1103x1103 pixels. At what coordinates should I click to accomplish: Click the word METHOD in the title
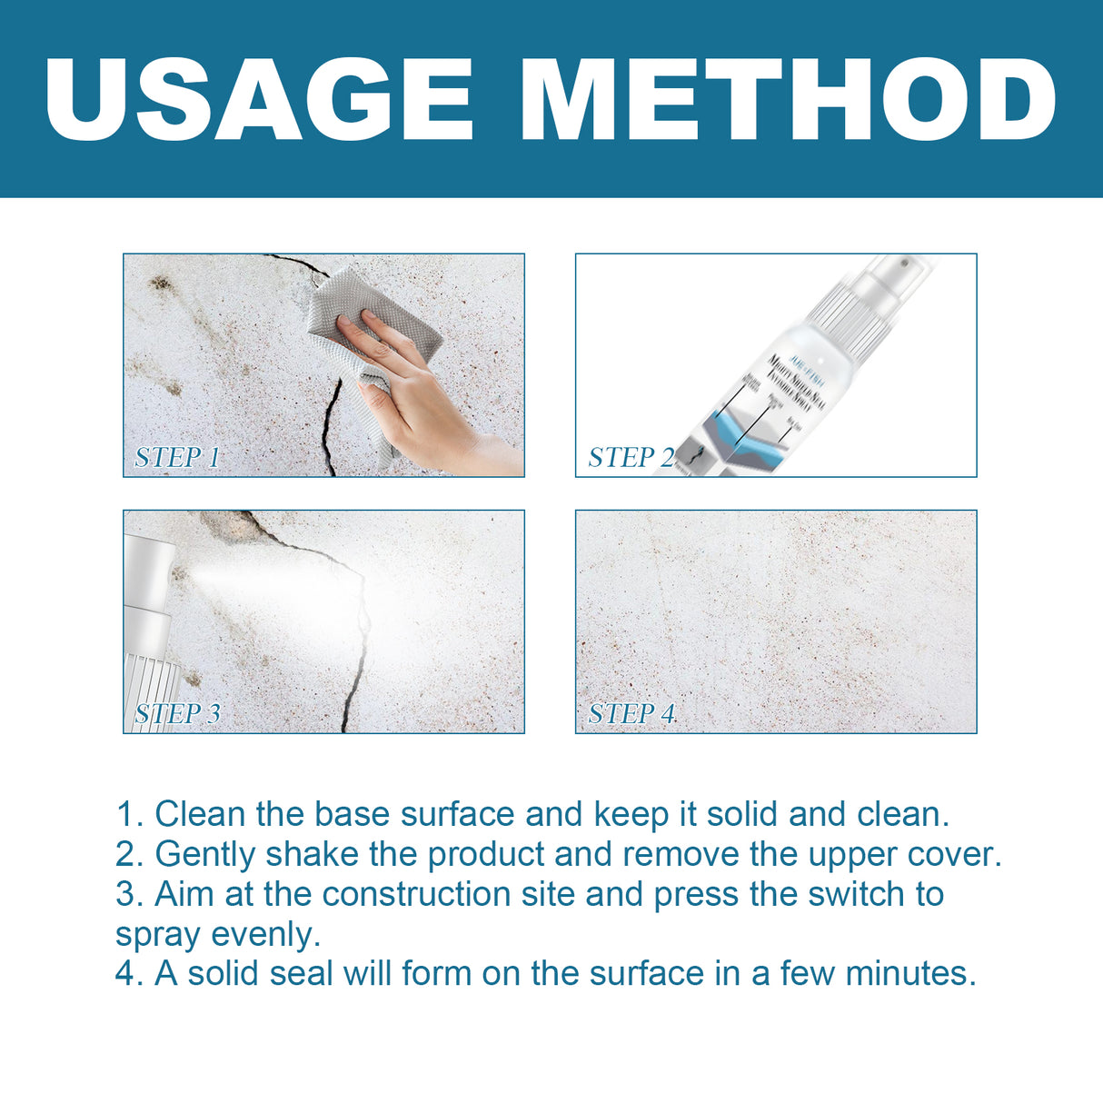coord(787,100)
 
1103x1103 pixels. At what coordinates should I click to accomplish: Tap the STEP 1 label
coord(177,457)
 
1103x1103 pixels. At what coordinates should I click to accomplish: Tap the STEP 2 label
coord(631,457)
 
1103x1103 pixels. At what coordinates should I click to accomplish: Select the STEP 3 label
coord(177,713)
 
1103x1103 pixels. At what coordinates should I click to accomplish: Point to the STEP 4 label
coord(631,713)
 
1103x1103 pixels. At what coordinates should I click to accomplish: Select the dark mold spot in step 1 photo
coord(161,283)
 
